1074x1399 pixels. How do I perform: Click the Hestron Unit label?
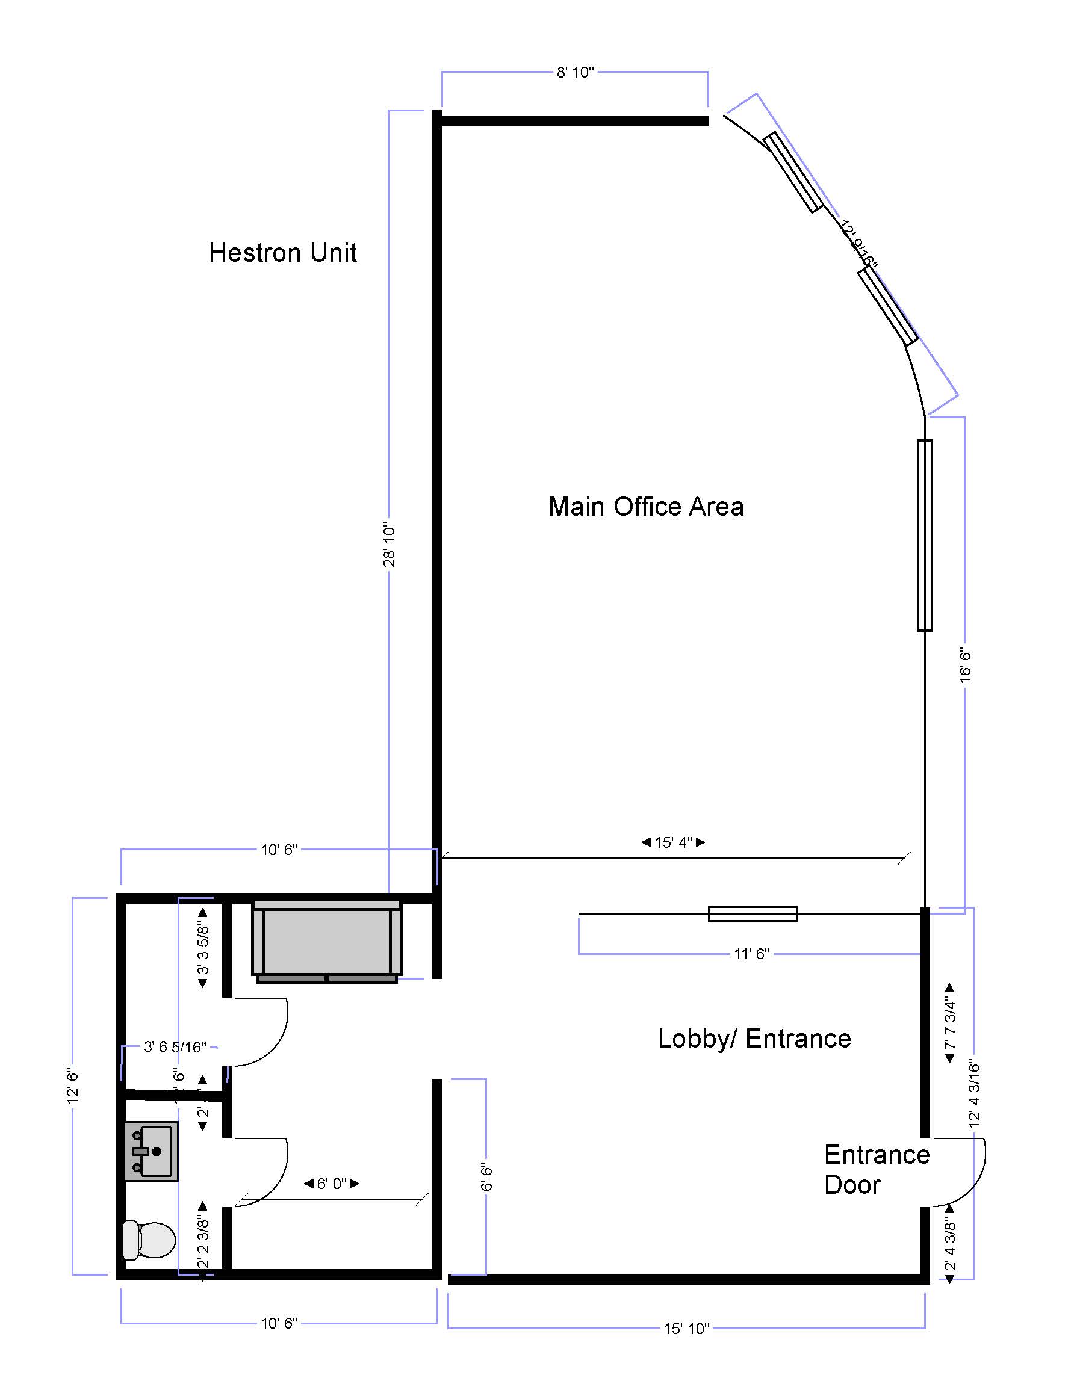(282, 253)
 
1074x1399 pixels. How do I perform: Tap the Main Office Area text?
(646, 507)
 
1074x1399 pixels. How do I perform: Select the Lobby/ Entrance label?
(754, 1039)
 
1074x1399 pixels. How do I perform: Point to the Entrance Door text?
(876, 1170)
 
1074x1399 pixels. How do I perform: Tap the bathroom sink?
(152, 1152)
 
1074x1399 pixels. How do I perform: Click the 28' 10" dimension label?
(390, 546)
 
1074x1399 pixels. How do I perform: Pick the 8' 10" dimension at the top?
(575, 73)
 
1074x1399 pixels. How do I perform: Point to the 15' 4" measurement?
(673, 842)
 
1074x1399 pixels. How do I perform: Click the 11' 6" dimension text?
(751, 954)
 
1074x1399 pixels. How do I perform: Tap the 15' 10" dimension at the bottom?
(686, 1329)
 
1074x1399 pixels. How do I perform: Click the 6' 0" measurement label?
(331, 1184)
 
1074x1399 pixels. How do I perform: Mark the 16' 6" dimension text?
(965, 666)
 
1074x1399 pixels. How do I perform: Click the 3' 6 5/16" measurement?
(175, 1047)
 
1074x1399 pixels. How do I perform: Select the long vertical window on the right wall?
(925, 536)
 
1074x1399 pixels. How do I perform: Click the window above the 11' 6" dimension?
(753, 914)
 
